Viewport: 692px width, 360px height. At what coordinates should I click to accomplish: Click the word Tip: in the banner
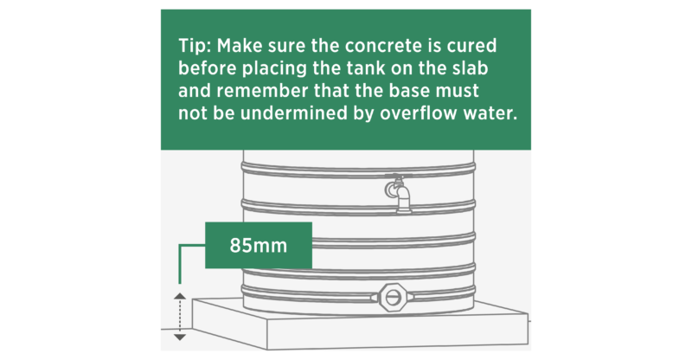tap(196, 45)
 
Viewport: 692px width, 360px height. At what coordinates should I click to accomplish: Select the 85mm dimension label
tap(258, 245)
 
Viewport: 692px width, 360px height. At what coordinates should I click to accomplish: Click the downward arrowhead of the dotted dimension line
tap(179, 336)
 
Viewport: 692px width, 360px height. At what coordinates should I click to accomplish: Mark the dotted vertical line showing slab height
tap(179, 316)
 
